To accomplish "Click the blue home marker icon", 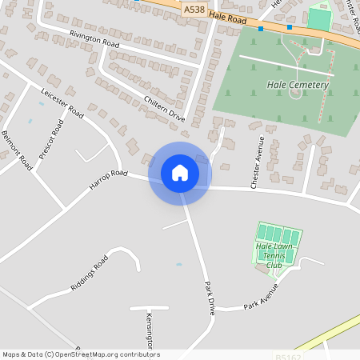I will pyautogui.click(x=180, y=173).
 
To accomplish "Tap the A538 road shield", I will pyautogui.click(x=193, y=10).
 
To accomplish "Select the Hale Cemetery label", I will pyautogui.click(x=297, y=84).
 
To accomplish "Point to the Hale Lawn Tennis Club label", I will pyautogui.click(x=274, y=257).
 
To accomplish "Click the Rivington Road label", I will pyautogui.click(x=94, y=39).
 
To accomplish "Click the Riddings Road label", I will pyautogui.click(x=90, y=274).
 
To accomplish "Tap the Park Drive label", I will pyautogui.click(x=210, y=298).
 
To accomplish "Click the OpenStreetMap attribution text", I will pyautogui.click(x=81, y=354).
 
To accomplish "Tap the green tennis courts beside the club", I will pyautogui.click(x=278, y=235).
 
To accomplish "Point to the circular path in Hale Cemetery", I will pyautogui.click(x=296, y=94).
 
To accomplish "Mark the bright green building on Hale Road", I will pyautogui.click(x=318, y=18).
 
